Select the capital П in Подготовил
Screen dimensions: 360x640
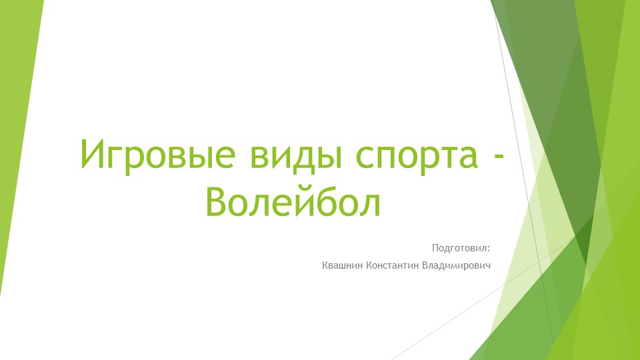435,249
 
